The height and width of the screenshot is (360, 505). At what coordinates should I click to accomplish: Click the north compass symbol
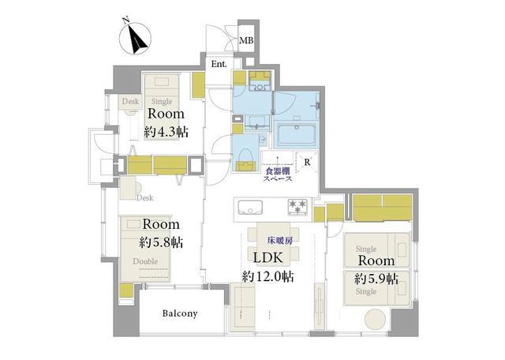point(135,38)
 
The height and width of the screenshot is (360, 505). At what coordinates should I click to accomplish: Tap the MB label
point(246,40)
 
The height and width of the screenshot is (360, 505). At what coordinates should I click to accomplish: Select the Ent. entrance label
point(219,64)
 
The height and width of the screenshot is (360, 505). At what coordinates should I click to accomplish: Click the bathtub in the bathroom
point(297,134)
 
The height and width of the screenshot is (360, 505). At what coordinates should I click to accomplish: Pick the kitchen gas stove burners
point(298,207)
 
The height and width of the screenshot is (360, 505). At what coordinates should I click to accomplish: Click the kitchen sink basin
point(250,207)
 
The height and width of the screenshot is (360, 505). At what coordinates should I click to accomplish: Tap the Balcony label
point(180,313)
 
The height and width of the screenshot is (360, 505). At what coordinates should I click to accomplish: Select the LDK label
point(268,258)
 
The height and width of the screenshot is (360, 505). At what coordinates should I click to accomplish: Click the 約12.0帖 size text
point(267,276)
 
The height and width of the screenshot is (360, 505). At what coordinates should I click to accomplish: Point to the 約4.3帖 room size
point(166,132)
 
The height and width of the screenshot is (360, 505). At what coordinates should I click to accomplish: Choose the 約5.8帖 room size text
point(161,242)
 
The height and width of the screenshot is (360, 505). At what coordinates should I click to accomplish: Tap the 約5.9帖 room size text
point(376,279)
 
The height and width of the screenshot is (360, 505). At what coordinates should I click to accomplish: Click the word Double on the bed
point(145,261)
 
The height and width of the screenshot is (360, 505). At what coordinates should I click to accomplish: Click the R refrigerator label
point(307,162)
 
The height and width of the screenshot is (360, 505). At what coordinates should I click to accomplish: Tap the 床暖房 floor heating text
point(280,241)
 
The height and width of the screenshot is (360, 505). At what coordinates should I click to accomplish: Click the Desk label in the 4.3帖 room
point(130,101)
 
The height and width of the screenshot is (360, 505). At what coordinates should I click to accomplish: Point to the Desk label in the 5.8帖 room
point(144,197)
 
